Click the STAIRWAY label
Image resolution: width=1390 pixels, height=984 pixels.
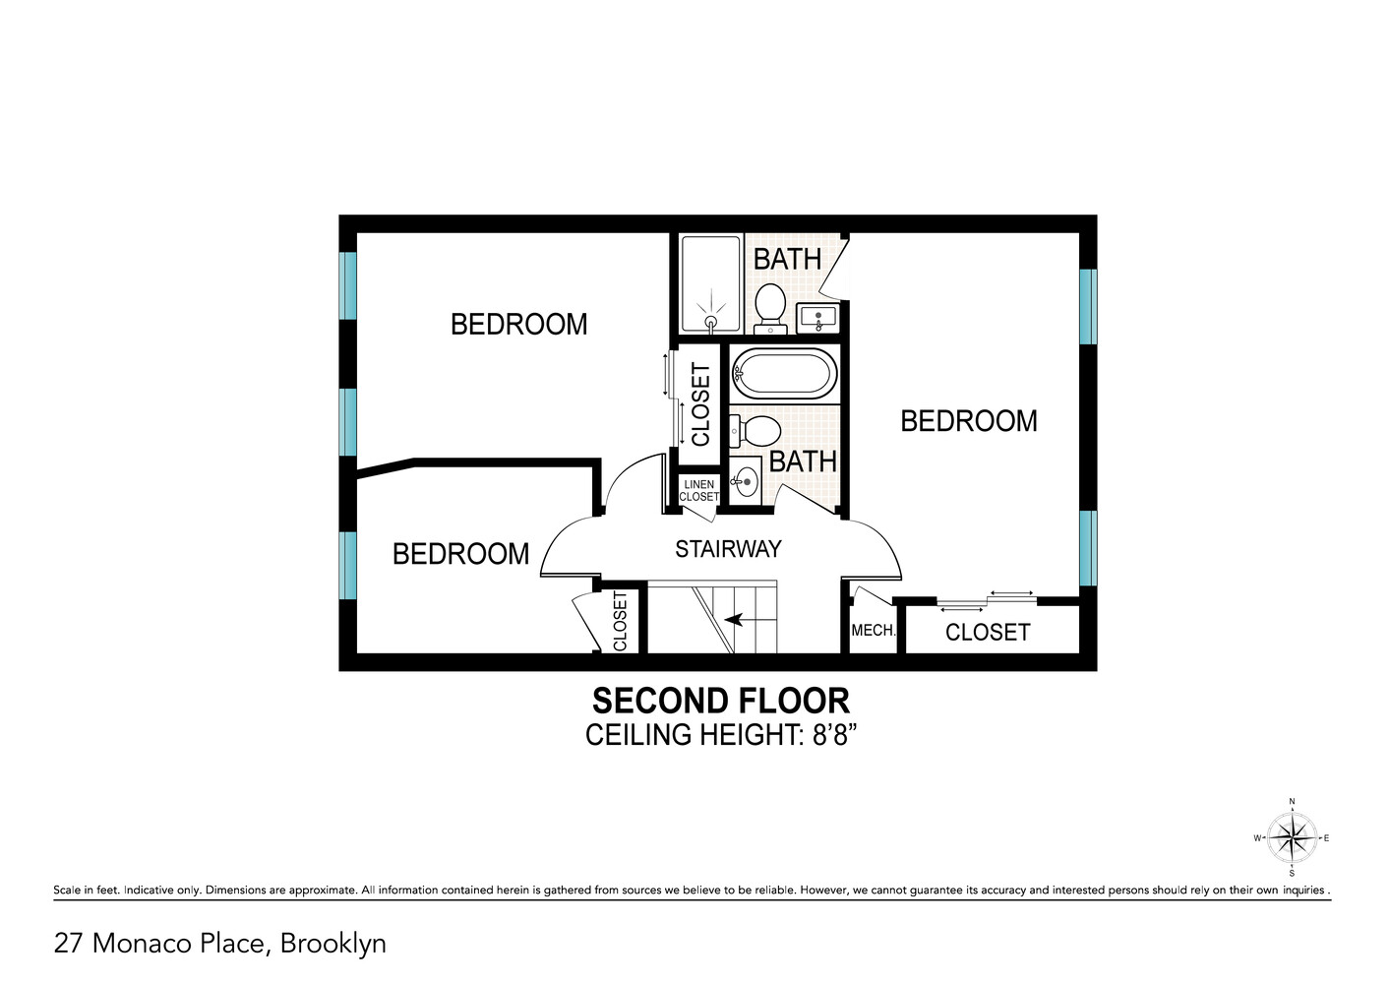click(x=728, y=549)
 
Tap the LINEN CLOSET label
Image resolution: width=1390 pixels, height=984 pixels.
click(x=699, y=490)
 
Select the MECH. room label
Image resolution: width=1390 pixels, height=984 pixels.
click(x=873, y=631)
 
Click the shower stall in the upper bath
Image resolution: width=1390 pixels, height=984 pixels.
click(x=710, y=282)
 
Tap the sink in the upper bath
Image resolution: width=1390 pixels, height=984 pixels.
click(x=817, y=318)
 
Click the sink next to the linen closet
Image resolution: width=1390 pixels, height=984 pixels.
click(x=746, y=481)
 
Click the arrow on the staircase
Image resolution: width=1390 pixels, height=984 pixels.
click(x=733, y=619)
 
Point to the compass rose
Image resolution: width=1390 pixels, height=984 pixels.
click(x=1292, y=838)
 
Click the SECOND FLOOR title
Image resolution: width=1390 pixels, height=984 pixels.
click(x=720, y=701)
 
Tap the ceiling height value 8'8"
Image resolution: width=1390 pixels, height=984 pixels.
click(x=834, y=735)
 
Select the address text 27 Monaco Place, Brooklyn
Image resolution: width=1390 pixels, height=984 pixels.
click(x=219, y=943)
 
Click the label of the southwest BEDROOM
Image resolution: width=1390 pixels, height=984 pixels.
click(x=460, y=554)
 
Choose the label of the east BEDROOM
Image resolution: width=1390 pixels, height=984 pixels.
click(x=968, y=421)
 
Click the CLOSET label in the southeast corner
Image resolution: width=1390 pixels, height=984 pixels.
click(x=988, y=633)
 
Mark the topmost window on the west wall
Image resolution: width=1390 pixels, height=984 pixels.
click(x=347, y=285)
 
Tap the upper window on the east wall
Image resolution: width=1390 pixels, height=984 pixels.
click(x=1087, y=306)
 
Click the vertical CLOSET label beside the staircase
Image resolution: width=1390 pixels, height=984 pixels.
click(x=620, y=621)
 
